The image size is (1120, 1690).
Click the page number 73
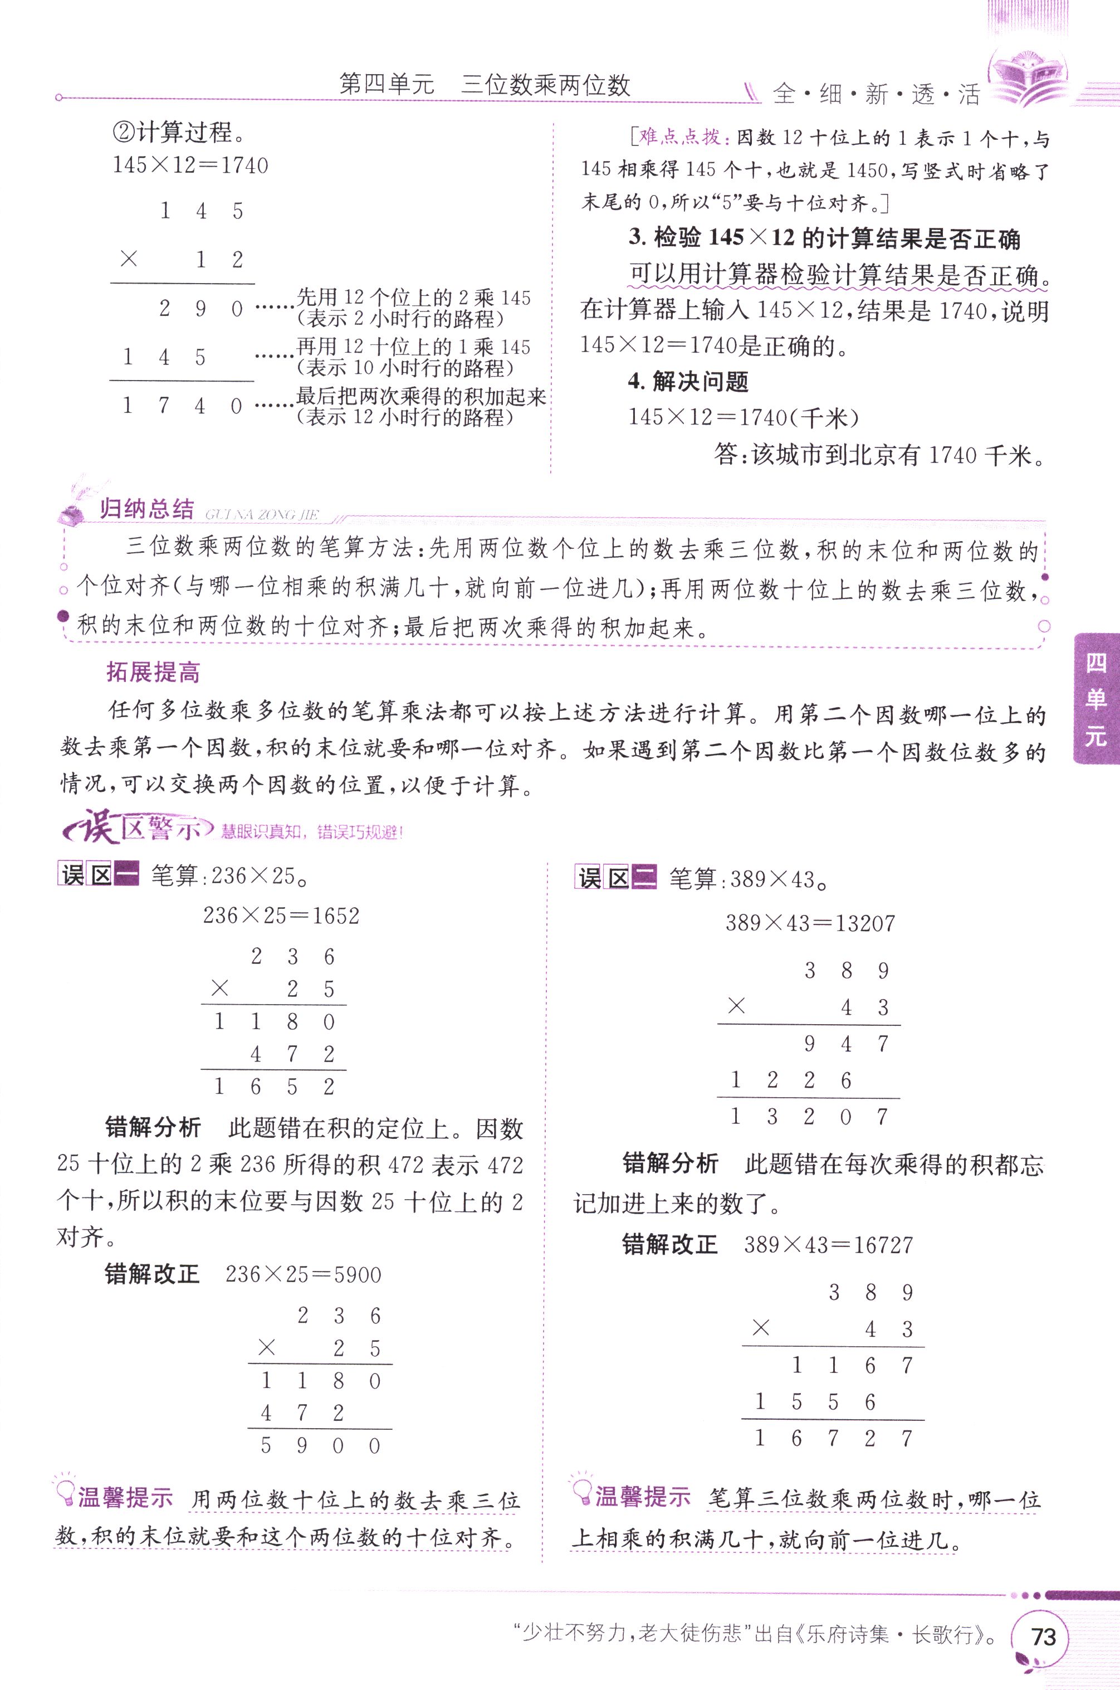point(1043,1636)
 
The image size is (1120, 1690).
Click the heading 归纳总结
point(146,509)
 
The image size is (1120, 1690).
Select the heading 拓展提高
point(153,672)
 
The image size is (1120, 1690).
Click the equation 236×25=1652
point(281,915)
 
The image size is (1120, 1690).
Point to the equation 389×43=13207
point(810,923)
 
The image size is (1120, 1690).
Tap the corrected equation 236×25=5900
point(303,1274)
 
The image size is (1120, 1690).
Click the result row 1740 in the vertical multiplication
point(182,406)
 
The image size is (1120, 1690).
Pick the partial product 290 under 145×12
point(200,309)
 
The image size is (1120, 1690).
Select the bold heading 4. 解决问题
point(688,382)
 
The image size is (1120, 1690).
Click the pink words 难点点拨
point(679,137)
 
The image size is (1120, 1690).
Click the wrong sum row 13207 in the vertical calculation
point(809,1116)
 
